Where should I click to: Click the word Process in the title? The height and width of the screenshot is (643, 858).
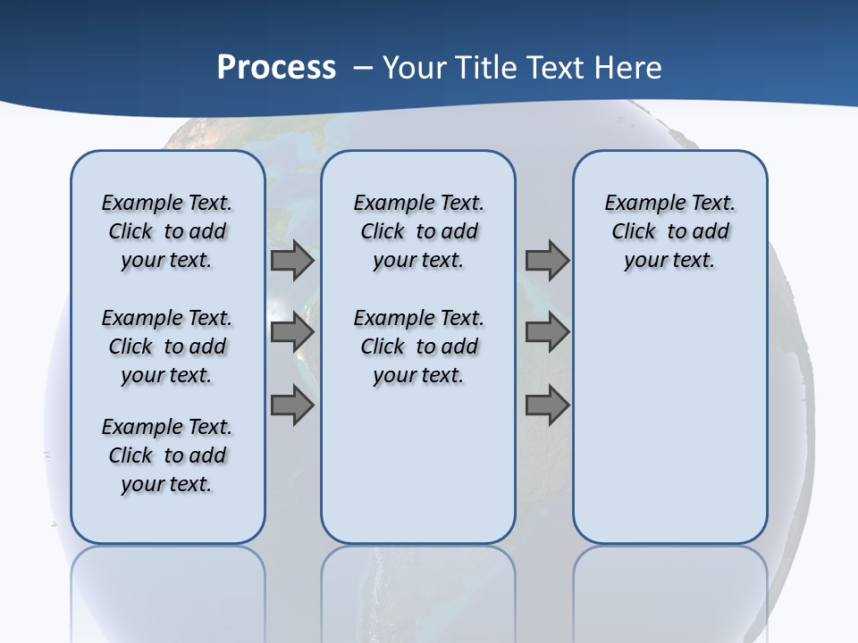click(x=276, y=68)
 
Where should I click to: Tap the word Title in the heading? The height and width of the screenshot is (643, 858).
click(x=487, y=68)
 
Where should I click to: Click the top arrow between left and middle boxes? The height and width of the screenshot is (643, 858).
click(x=292, y=261)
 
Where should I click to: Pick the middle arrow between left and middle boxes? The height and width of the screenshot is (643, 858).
click(x=292, y=332)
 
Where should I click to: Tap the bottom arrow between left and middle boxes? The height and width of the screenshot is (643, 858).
click(x=292, y=405)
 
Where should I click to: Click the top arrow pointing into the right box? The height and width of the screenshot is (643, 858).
click(x=547, y=261)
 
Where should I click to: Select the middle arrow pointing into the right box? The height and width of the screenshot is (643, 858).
click(x=547, y=332)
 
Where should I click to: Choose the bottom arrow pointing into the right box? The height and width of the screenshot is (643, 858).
click(x=547, y=405)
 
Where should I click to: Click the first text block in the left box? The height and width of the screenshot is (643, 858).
click(x=167, y=231)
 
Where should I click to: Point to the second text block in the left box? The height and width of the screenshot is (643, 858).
click(x=167, y=347)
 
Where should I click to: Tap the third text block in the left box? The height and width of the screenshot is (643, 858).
click(x=167, y=455)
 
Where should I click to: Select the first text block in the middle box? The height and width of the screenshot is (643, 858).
click(x=418, y=231)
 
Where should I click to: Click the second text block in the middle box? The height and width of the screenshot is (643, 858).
click(x=418, y=347)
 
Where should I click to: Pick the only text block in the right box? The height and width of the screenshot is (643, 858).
click(x=670, y=231)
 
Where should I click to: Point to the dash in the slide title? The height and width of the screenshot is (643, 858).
click(x=363, y=68)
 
